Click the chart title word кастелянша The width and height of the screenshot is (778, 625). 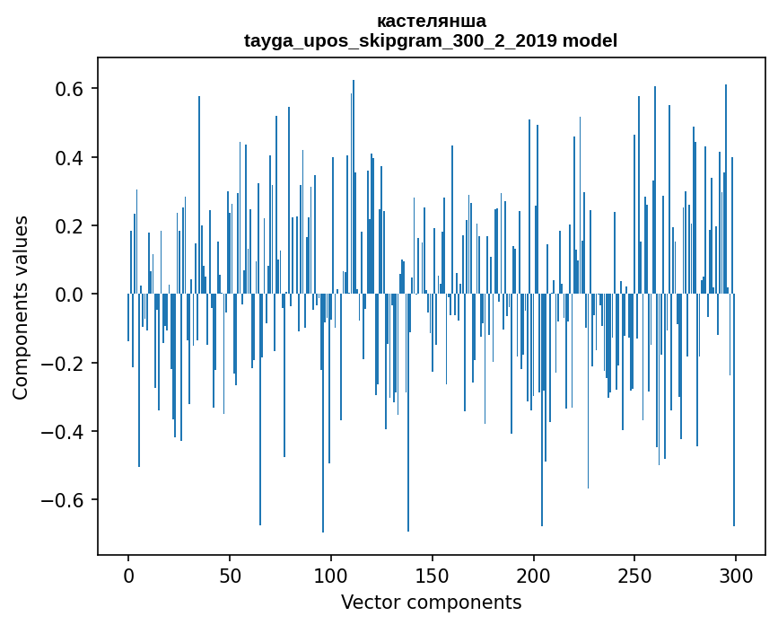coord(431,21)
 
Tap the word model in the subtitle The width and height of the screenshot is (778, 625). coord(590,40)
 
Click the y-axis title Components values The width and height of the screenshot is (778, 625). coord(21,307)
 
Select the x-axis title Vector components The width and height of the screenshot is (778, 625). coord(431,602)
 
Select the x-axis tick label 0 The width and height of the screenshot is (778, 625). coord(128,576)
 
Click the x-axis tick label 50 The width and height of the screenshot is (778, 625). coord(230,576)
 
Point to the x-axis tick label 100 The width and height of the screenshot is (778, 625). coord(331,576)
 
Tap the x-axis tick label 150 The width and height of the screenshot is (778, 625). coord(433,576)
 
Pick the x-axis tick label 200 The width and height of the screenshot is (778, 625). coord(533,576)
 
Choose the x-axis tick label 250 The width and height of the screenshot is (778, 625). coord(634,576)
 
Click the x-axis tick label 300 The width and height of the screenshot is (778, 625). coord(736,576)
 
